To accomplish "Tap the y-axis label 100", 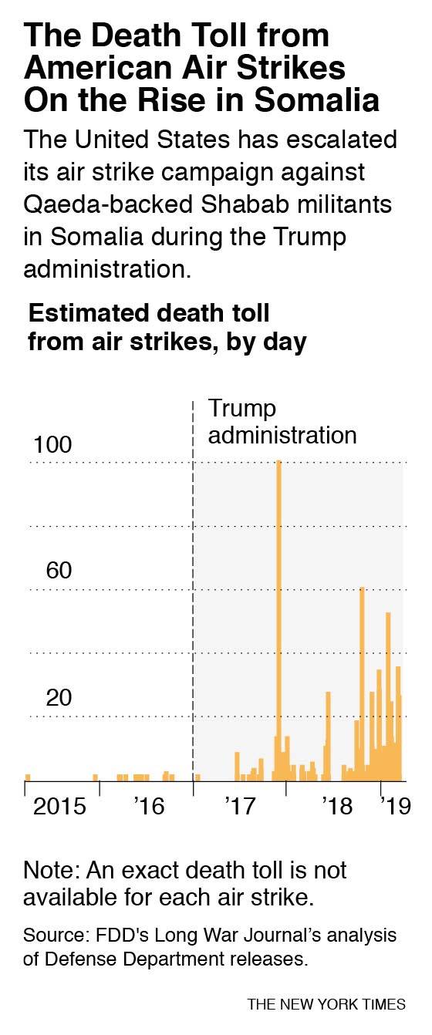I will [52, 445].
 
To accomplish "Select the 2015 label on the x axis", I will [59, 807].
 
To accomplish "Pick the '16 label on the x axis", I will [149, 807].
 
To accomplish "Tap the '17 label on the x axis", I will [240, 807].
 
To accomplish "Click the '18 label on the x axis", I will [337, 807].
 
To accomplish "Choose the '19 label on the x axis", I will [394, 807].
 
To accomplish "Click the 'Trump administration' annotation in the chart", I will [282, 422].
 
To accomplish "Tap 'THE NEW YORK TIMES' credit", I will [326, 1004].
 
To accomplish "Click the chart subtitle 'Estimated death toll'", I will [149, 314].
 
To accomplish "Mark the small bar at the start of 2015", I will [28, 777].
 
